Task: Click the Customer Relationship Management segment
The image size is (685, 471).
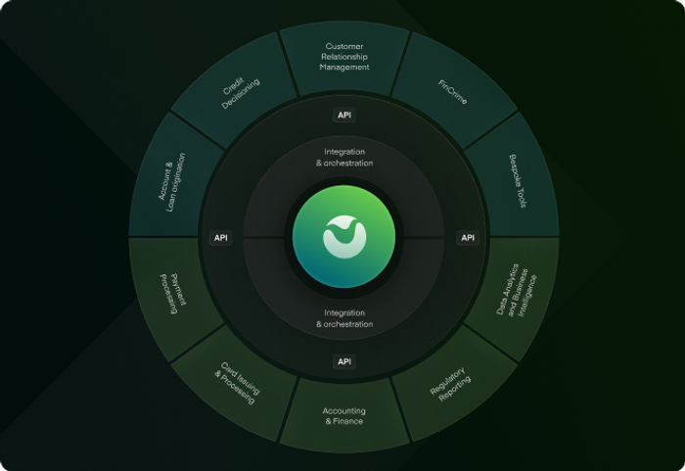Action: click(x=344, y=57)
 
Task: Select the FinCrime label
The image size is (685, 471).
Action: click(x=452, y=92)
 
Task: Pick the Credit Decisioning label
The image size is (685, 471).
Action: click(x=241, y=93)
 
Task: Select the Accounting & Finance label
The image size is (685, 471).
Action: click(x=344, y=416)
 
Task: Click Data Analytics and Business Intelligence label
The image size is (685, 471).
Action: click(x=517, y=290)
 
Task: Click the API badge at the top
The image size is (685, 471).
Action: click(x=344, y=115)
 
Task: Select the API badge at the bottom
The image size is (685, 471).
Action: click(x=344, y=361)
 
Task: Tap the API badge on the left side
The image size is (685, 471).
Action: click(x=220, y=238)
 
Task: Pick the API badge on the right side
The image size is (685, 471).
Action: click(x=468, y=238)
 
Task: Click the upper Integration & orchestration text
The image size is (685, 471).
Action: click(x=344, y=158)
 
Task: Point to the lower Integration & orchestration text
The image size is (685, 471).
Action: click(x=344, y=318)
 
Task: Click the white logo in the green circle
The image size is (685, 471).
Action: click(x=344, y=237)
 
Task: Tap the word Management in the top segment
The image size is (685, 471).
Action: click(x=344, y=68)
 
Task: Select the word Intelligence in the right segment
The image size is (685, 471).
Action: click(x=527, y=296)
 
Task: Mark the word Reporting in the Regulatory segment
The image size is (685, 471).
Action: click(x=455, y=389)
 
